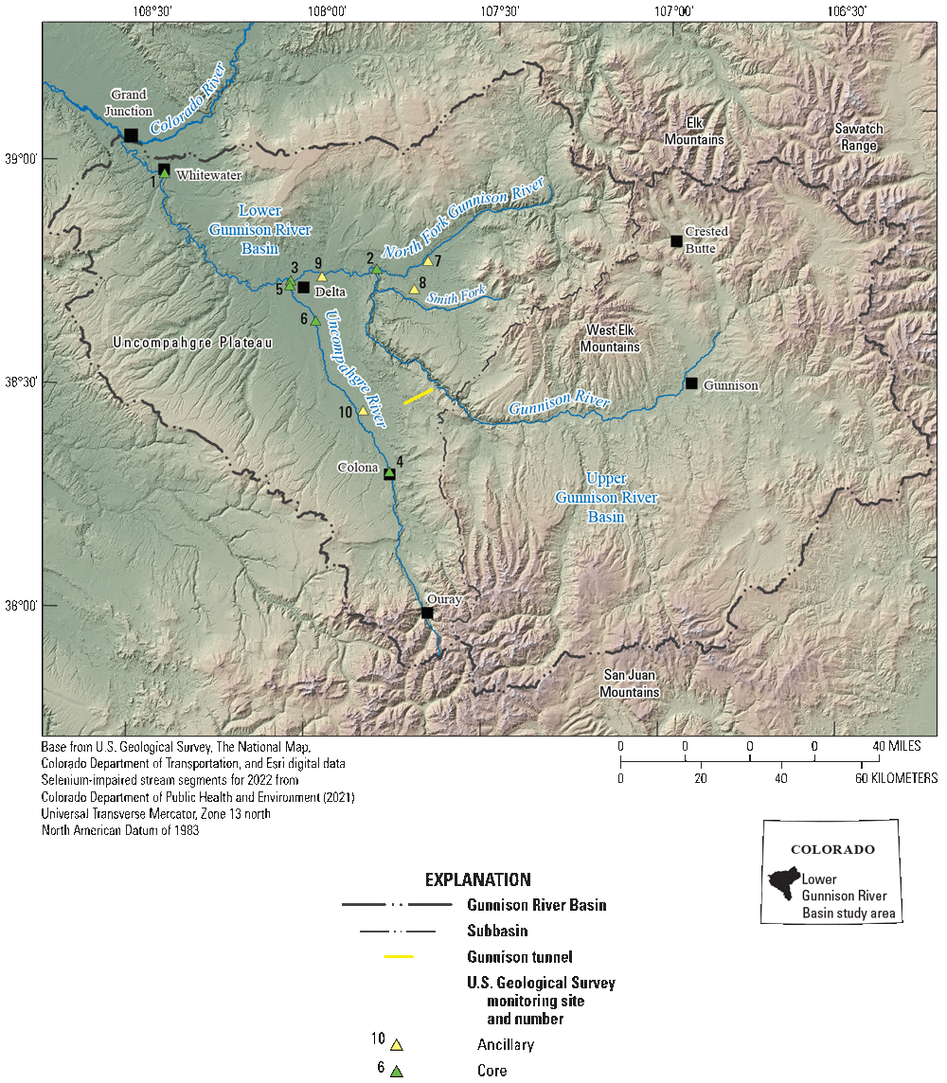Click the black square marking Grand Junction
[131, 135]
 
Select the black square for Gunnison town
[691, 383]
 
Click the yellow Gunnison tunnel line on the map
[419, 397]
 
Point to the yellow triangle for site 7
[428, 261]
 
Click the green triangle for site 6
[315, 321]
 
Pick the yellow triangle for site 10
[363, 411]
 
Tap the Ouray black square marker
[427, 613]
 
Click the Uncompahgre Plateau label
[191, 343]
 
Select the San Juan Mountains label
[629, 684]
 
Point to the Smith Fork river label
[456, 297]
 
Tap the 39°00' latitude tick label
[21, 159]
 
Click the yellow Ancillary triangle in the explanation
[397, 1045]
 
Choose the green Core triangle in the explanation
[397, 1072]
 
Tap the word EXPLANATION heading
[477, 879]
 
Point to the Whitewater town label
[208, 175]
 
